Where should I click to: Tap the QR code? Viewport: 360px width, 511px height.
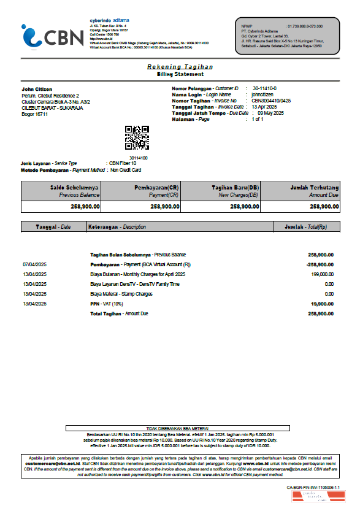click(137, 138)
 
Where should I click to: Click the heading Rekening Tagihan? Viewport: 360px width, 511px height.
click(180, 66)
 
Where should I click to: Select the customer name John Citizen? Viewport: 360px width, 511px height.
click(37, 90)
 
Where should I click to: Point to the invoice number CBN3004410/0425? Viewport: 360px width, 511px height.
click(271, 101)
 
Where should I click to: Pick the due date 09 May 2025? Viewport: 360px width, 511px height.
click(271, 113)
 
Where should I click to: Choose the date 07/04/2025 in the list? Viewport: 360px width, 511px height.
click(35, 264)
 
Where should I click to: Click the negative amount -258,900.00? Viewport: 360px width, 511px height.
click(320, 264)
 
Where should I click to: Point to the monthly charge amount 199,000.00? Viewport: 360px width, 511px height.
click(321, 274)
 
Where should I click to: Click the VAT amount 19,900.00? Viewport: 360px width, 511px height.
click(322, 304)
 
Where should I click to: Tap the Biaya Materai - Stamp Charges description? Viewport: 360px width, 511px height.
click(121, 294)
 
